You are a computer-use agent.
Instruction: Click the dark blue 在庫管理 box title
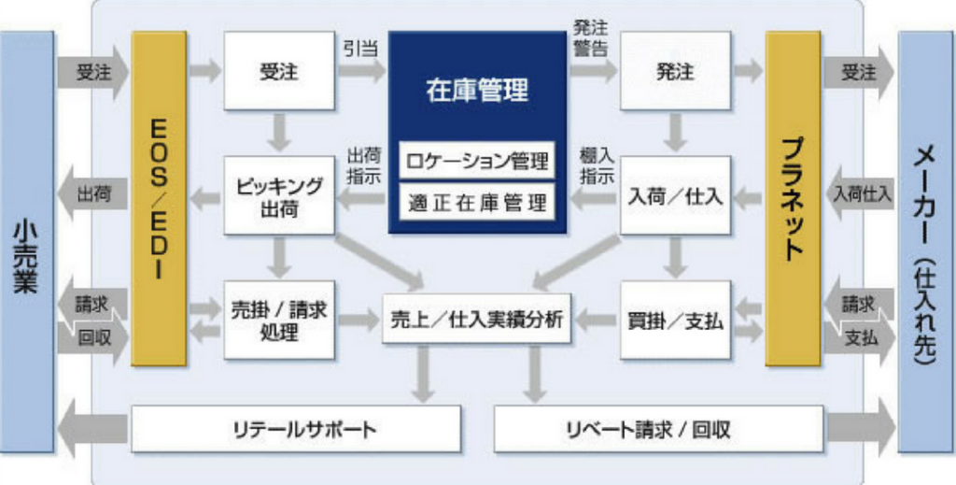pyautogui.click(x=477, y=91)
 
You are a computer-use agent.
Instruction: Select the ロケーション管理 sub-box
pyautogui.click(x=477, y=160)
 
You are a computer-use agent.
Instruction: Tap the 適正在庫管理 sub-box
pyautogui.click(x=477, y=200)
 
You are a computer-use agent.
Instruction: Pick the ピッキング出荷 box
pyautogui.click(x=279, y=195)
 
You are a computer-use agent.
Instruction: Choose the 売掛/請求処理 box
pyautogui.click(x=279, y=319)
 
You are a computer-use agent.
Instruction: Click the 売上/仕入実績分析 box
pyautogui.click(x=476, y=319)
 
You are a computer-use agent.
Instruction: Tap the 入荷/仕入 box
pyautogui.click(x=676, y=195)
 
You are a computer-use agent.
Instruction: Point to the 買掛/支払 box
pyautogui.click(x=676, y=319)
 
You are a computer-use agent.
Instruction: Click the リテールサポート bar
pyautogui.click(x=296, y=430)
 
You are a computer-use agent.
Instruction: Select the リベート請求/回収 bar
pyautogui.click(x=658, y=430)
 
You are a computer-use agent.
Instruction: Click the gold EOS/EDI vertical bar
pyautogui.click(x=159, y=198)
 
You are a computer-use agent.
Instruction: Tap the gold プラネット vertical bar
pyautogui.click(x=793, y=198)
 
